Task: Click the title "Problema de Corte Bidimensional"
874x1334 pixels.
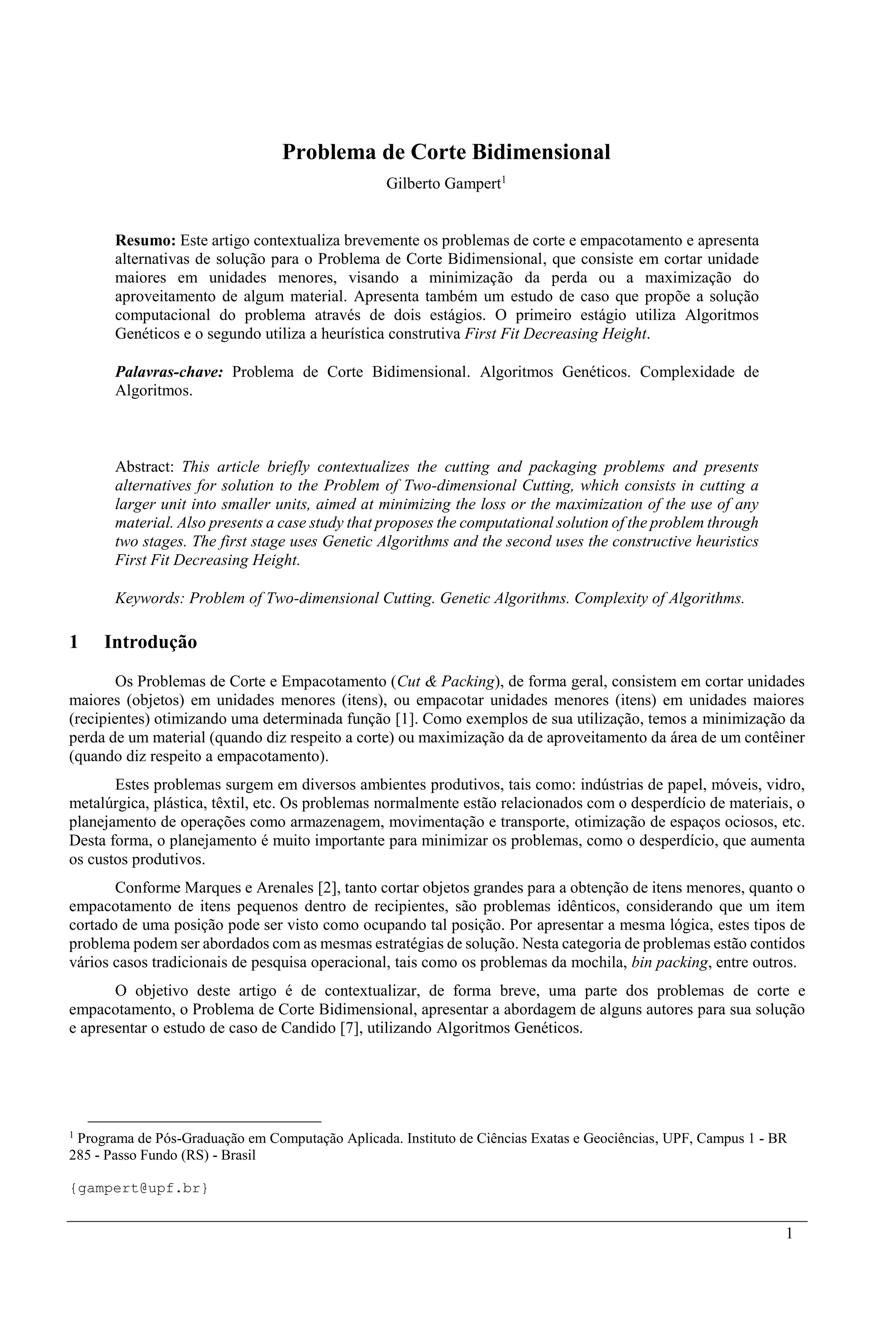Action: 446,152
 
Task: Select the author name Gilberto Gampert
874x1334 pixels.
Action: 443,184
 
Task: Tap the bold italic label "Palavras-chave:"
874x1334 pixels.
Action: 169,372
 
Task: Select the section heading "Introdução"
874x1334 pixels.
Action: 151,642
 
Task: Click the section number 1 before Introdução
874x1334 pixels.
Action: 73,642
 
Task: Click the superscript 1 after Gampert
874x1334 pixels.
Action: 504,181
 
